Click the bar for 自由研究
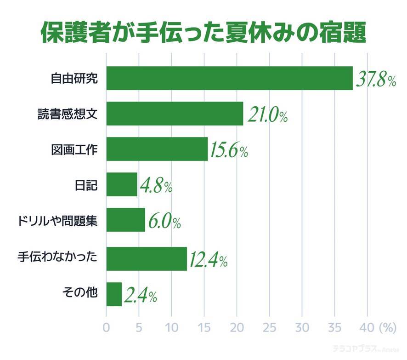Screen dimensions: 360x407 coord(229,78)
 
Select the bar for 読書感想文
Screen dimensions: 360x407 coord(175,114)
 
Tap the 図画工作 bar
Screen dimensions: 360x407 coord(157,149)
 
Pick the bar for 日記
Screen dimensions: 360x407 coord(122,184)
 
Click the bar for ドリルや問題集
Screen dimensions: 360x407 coord(125,220)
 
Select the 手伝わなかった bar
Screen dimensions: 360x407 coord(147,258)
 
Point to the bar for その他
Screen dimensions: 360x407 coord(114,294)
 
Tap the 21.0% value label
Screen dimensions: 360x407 coord(267,115)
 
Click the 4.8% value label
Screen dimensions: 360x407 coord(155,186)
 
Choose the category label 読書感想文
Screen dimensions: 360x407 coord(68,114)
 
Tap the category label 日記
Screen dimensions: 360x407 coord(86,185)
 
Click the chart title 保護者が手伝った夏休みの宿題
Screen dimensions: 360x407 coord(203,32)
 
